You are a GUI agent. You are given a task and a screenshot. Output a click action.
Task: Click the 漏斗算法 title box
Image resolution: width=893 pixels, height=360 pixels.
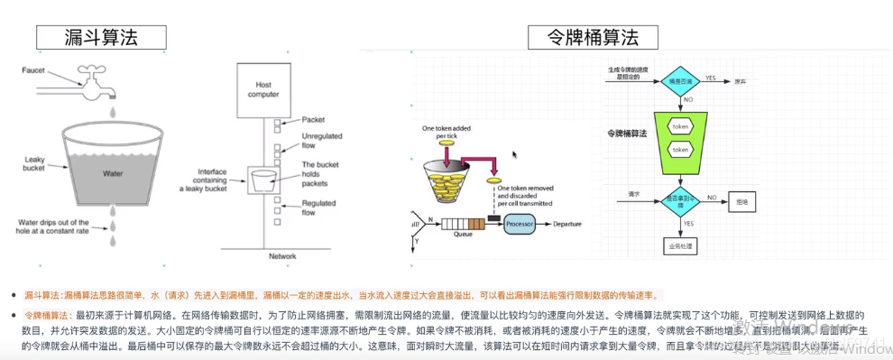[x=100, y=37]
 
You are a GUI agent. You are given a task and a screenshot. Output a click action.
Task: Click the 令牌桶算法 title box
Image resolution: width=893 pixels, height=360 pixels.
[x=593, y=37]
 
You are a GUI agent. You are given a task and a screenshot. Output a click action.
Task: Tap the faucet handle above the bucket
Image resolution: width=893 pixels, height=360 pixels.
[x=93, y=69]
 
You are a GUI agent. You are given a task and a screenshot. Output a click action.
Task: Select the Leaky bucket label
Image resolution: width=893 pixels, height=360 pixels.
[x=34, y=163]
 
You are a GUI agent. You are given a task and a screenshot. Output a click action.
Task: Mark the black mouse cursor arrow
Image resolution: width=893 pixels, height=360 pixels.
[x=515, y=154]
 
